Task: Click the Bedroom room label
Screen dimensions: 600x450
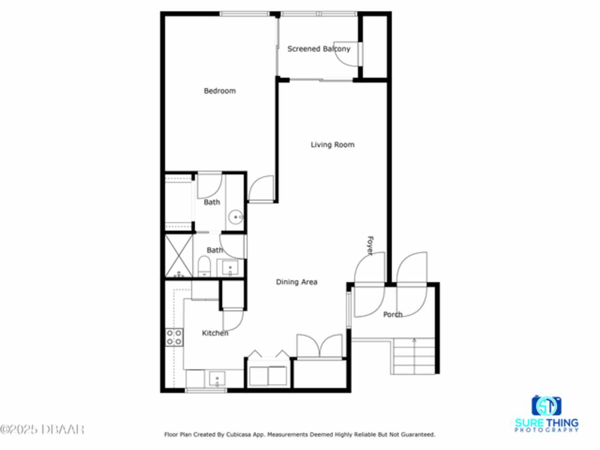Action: [x=220, y=91]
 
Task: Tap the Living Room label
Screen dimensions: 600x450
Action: [x=332, y=144]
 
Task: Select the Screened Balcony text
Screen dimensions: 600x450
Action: [x=319, y=49]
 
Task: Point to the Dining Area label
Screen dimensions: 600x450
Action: [x=297, y=282]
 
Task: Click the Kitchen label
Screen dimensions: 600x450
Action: [x=215, y=333]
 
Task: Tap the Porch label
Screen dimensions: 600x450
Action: [x=393, y=315]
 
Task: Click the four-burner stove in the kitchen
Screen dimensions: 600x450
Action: [x=174, y=337]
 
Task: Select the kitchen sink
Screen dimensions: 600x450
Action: [x=217, y=378]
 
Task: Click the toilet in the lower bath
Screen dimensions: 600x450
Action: [x=204, y=266]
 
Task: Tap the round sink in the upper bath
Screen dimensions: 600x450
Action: [x=235, y=217]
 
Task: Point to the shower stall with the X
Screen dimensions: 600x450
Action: [x=179, y=256]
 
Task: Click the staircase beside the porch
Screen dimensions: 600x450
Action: [x=414, y=356]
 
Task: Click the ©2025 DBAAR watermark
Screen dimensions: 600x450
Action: [x=42, y=430]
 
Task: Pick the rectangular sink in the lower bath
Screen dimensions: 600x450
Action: [x=230, y=268]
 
